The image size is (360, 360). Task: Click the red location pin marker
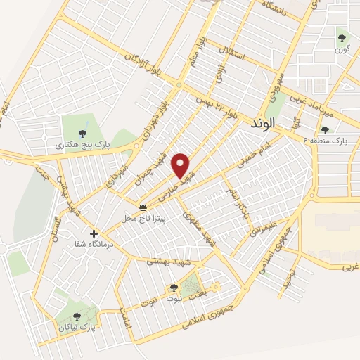(x=181, y=165)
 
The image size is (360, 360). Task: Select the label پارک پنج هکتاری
(x=81, y=146)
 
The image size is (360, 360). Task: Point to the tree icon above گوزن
(x=342, y=38)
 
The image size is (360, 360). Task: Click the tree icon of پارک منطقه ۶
(x=324, y=129)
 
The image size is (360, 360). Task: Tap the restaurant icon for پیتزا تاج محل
(x=143, y=207)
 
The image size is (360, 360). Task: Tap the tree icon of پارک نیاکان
(x=77, y=316)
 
